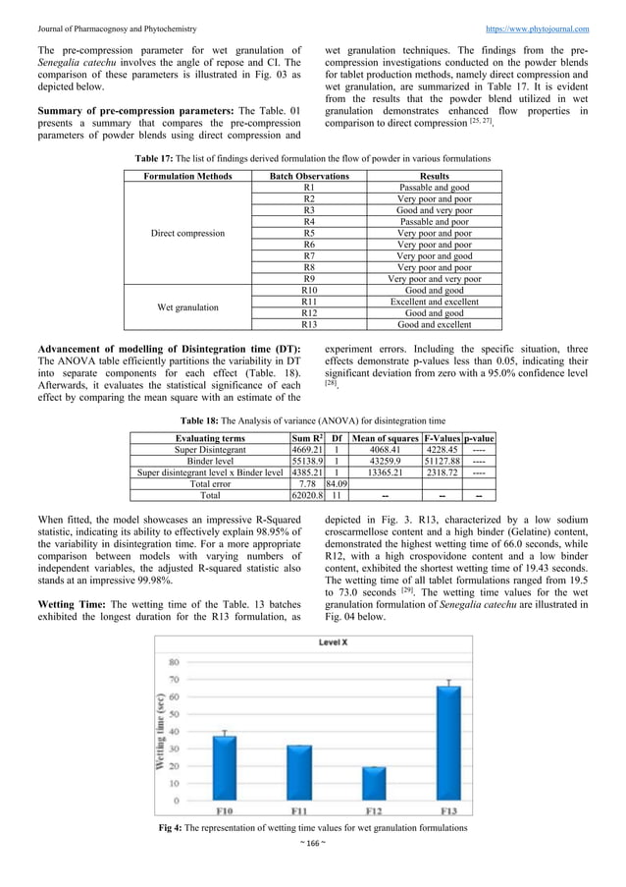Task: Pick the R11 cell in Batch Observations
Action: pos(309,302)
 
